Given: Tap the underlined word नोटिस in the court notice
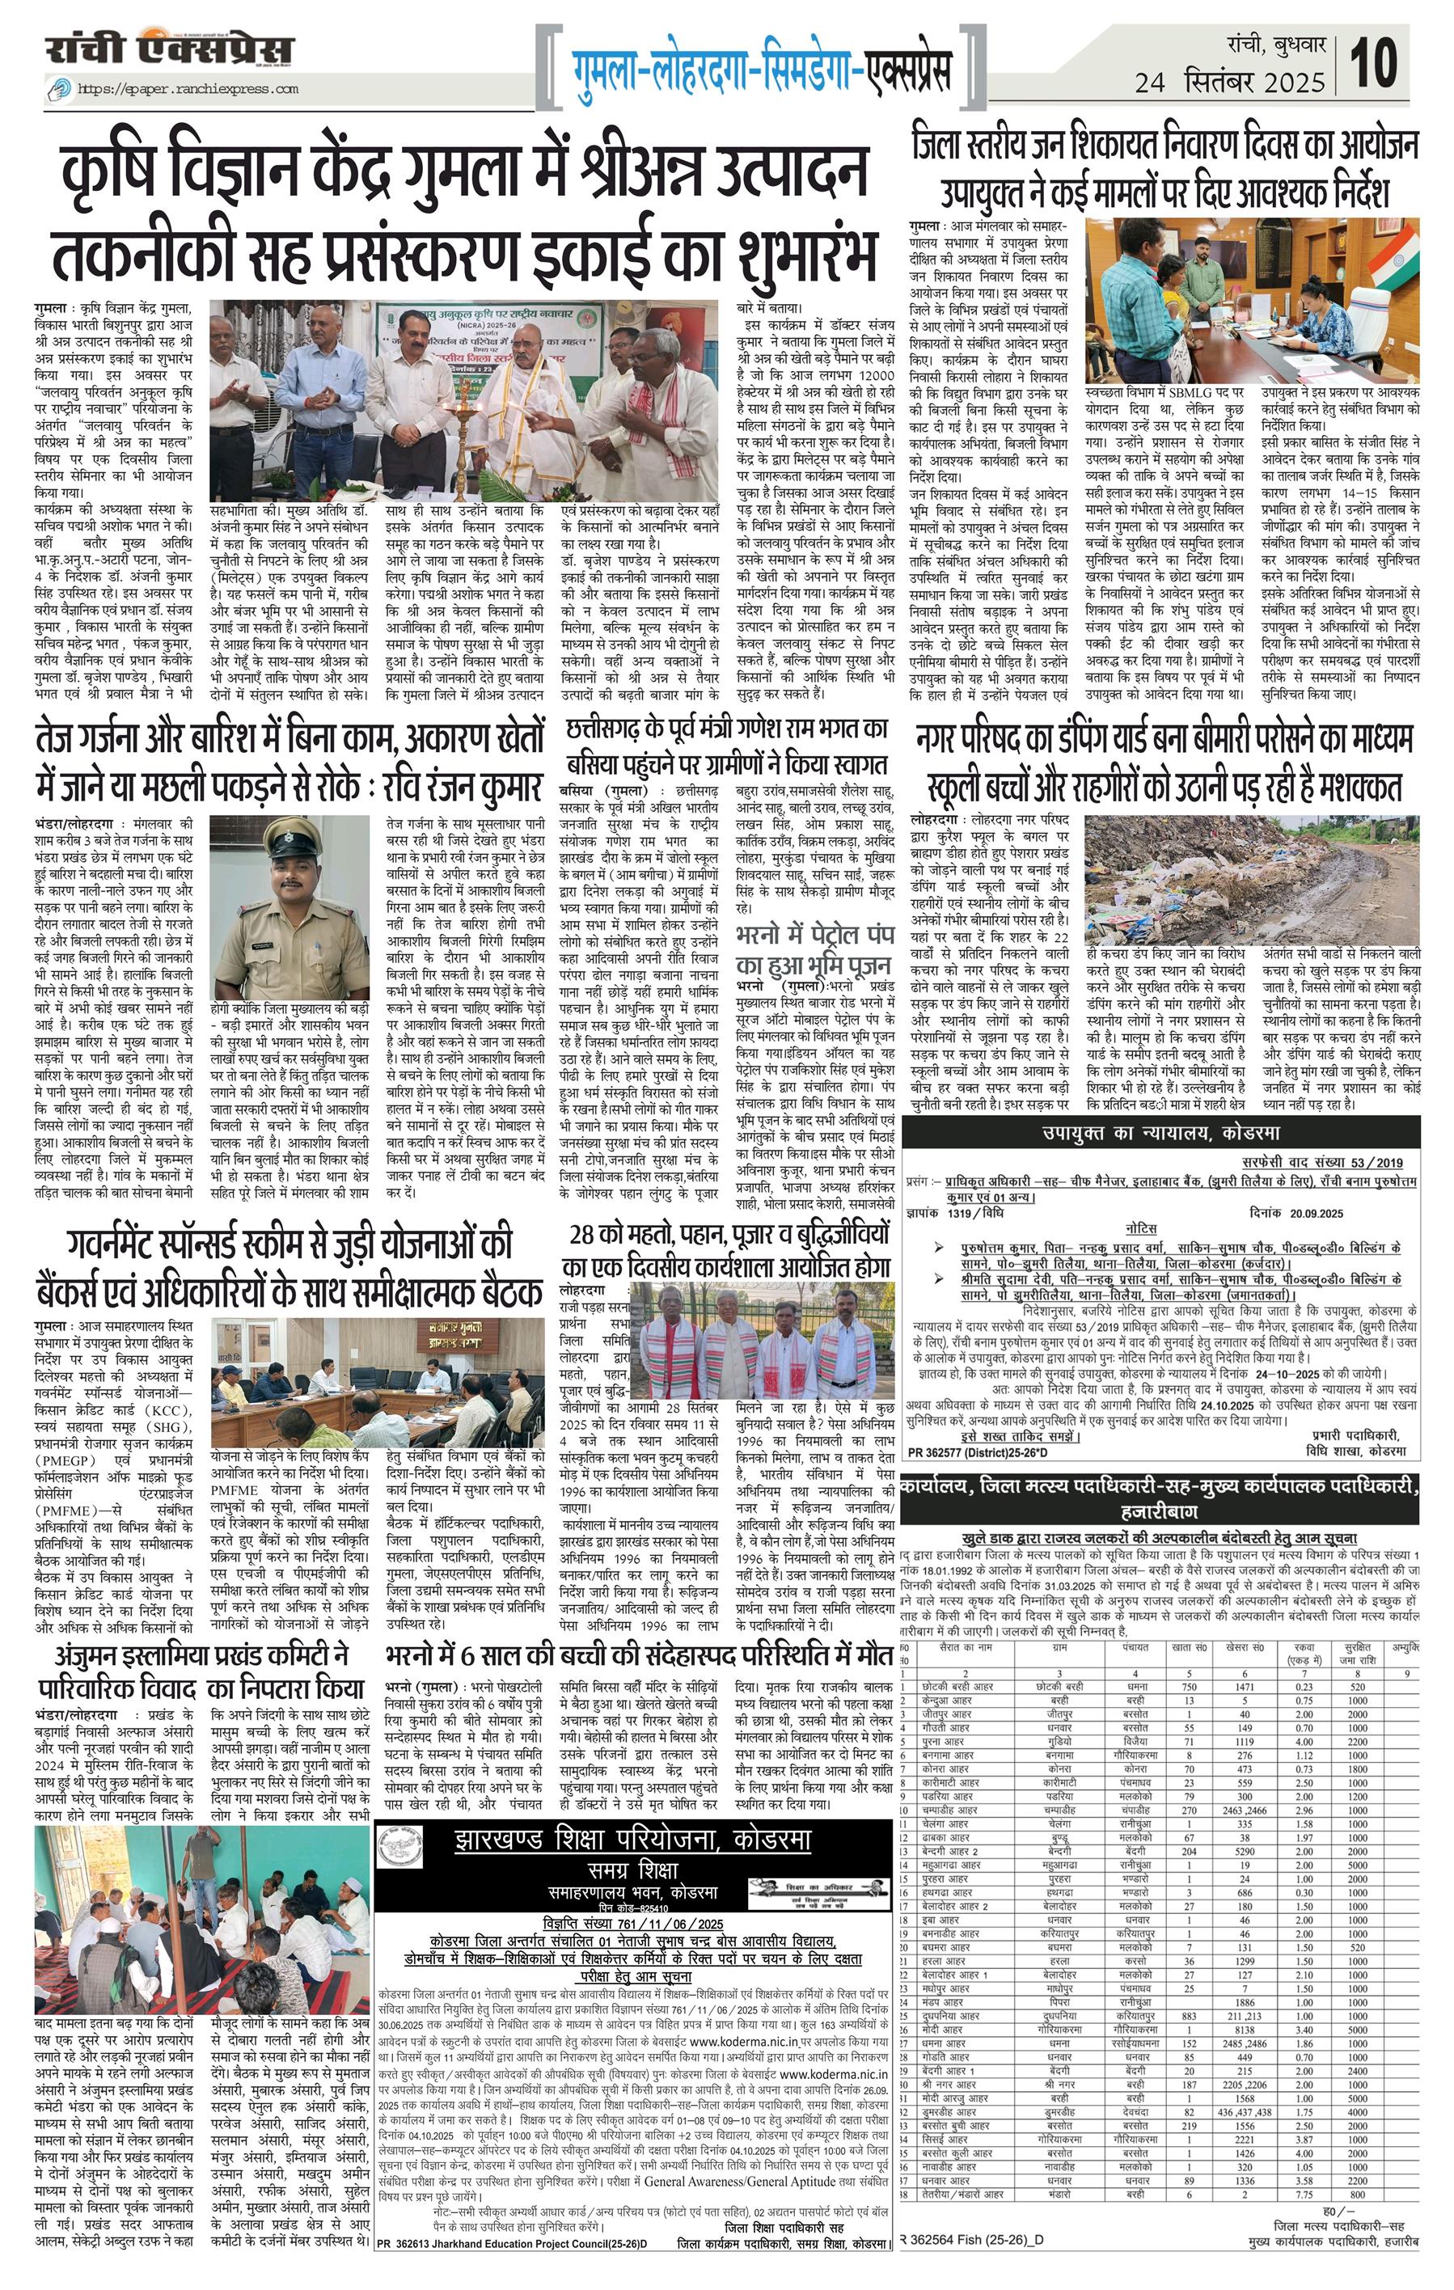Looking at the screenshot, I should (x=1140, y=1228).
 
